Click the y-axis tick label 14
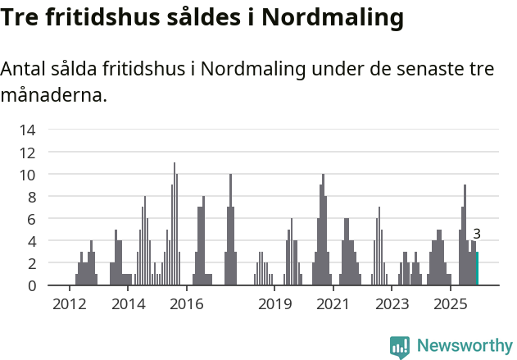27,130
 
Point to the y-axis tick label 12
27,152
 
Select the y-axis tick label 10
27,174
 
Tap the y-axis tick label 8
30,197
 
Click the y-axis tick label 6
30,219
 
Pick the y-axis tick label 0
30,285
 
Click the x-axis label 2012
69,305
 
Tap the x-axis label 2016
187,305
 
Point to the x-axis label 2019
274,305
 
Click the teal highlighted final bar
477,269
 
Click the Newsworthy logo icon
400,346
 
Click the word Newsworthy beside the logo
465,346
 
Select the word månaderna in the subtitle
53,95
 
